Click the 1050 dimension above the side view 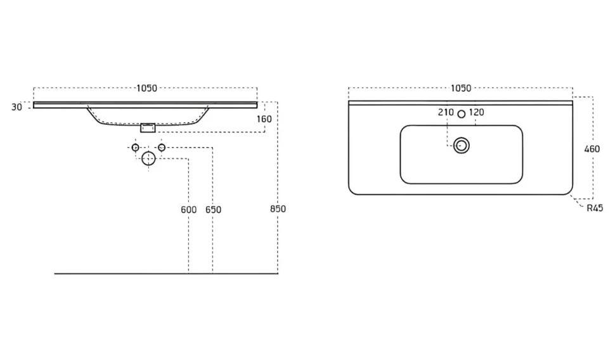pos(146,88)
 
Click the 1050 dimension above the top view pos(461,88)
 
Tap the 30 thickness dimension pos(16,107)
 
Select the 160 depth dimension pos(264,119)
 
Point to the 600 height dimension pos(189,210)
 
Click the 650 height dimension pos(214,210)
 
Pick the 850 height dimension pos(278,209)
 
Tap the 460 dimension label pos(592,149)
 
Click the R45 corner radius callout pos(595,209)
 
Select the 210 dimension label pos(446,112)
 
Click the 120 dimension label pos(477,112)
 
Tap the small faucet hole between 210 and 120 pos(462,114)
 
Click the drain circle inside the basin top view pos(462,138)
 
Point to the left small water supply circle pos(135,145)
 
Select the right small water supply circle pos(162,145)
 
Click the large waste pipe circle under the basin pos(148,151)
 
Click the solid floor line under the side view pos(166,273)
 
